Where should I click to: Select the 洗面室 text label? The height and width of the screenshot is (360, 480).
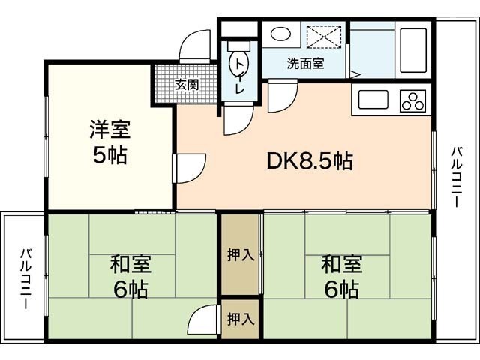305,64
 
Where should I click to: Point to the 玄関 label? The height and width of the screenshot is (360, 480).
187,84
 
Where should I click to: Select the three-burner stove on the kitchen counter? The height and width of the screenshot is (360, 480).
412,99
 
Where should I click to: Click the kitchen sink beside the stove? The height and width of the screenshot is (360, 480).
373,99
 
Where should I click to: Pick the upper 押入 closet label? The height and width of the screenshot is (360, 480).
241,255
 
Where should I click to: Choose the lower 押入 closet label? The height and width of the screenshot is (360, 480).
241,318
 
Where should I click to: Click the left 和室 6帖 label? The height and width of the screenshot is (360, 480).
131,275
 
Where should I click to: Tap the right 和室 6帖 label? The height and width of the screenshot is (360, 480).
342,275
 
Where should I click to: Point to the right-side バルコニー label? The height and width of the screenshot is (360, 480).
456,178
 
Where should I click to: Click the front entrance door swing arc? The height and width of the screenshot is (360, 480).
196,45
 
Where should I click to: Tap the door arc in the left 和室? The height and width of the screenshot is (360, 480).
202,320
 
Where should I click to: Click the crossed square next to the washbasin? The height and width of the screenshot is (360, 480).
325,36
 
